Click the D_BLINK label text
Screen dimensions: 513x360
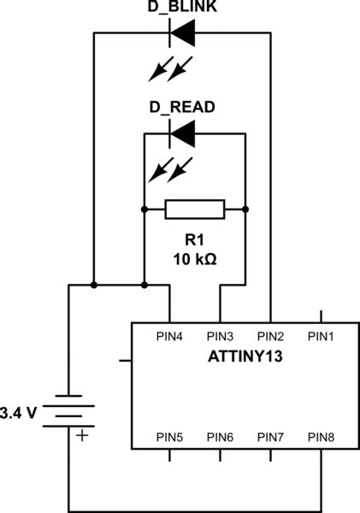(182, 8)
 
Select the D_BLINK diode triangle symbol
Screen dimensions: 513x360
(182, 34)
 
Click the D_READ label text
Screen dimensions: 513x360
(182, 108)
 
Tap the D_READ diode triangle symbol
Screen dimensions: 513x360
(182, 133)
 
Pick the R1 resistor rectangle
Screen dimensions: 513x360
(195, 209)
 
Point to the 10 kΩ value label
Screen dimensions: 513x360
(195, 257)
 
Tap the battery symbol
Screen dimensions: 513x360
(68, 411)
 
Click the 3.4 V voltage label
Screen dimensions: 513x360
(19, 412)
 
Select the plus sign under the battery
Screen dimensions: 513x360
(82, 436)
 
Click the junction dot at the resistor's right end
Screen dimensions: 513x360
(245, 209)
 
